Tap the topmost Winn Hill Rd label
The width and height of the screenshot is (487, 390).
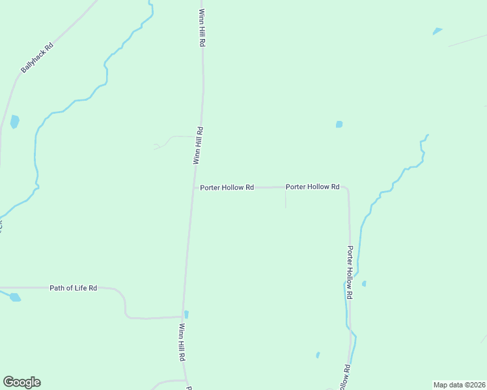202,27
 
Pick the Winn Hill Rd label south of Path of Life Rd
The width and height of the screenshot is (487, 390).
182,343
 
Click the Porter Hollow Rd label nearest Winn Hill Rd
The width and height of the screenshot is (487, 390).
227,187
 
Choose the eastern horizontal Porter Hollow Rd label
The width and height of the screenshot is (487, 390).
313,187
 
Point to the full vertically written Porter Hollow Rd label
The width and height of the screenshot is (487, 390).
350,272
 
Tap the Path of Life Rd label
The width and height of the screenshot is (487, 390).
73,287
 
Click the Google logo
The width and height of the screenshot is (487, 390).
21,382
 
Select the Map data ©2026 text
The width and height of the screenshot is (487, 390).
459,385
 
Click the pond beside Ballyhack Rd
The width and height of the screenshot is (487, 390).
14,122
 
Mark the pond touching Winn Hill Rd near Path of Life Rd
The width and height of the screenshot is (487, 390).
186,314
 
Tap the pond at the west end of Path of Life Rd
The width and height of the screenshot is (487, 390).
14,297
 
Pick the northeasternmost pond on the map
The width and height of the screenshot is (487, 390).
437,31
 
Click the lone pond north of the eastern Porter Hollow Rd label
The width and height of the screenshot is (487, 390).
339,124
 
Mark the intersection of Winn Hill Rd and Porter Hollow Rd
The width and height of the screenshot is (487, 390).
194,187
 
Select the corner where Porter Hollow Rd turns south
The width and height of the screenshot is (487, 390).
348,189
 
